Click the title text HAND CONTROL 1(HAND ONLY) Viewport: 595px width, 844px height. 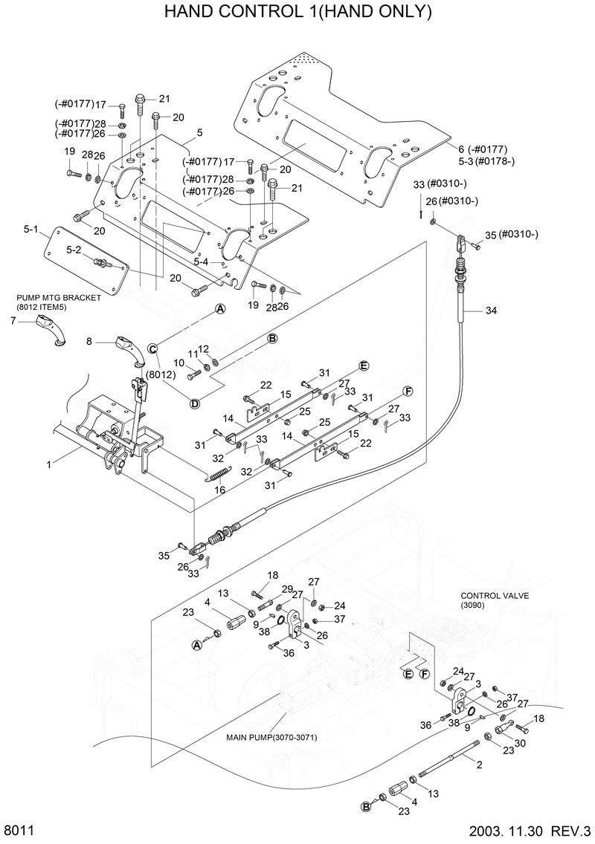coord(297,13)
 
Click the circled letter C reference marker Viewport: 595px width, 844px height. coord(152,348)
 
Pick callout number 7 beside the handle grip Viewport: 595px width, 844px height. coord(13,321)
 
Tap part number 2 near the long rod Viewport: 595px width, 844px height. coord(479,765)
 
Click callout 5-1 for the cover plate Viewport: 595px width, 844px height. coord(30,230)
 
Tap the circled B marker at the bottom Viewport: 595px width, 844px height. coord(365,806)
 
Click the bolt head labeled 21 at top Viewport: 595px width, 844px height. coord(141,98)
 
